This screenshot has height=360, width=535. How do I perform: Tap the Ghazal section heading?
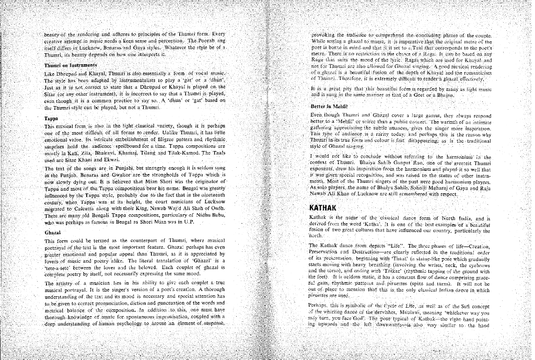(x=52, y=232)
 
